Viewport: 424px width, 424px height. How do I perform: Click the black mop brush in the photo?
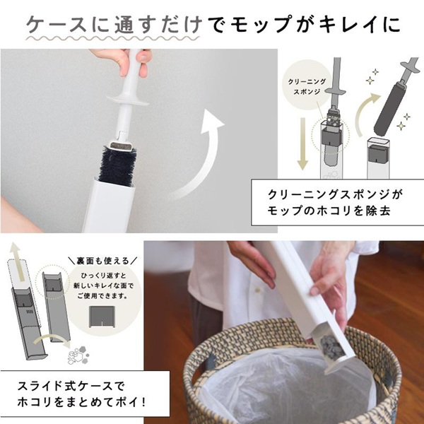(117, 166)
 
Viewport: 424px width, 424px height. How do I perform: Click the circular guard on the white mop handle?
(128, 100)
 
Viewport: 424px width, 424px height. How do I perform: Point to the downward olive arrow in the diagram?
(302, 144)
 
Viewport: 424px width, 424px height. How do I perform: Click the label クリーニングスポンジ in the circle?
(307, 86)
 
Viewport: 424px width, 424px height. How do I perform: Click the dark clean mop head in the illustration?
(389, 106)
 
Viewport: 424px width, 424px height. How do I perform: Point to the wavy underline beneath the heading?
(112, 38)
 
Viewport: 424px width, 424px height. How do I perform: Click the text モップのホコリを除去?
(329, 211)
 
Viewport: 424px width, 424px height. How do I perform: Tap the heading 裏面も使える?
(102, 261)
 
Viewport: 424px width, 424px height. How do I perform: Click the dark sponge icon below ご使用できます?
(102, 317)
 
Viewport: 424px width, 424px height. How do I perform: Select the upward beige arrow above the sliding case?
(17, 261)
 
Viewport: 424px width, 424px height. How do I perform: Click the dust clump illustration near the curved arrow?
(78, 354)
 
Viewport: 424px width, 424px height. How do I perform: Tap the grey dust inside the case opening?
(331, 344)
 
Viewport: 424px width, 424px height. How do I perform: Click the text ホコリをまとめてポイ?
(82, 402)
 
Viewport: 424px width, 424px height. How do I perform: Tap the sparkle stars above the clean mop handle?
(372, 76)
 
